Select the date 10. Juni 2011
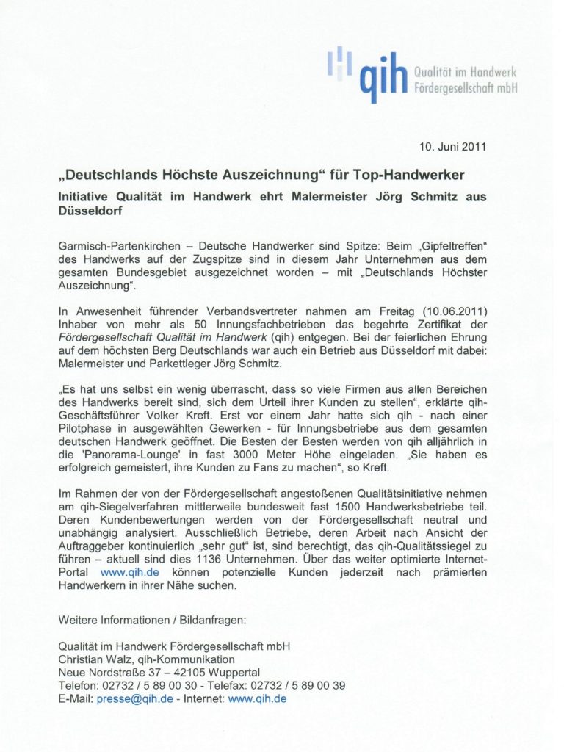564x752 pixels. point(453,147)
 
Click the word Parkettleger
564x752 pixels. point(203,364)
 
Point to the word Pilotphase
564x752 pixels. point(84,430)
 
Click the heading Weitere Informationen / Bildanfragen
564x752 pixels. point(152,620)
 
